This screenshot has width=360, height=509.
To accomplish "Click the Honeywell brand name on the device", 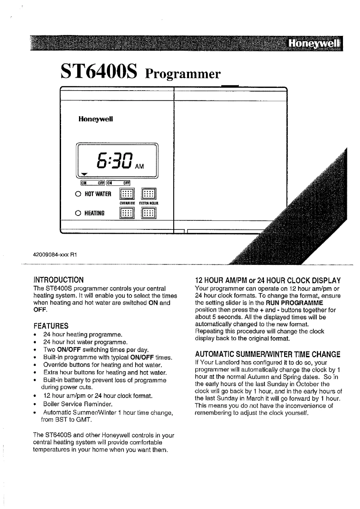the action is pyautogui.click(x=96, y=119).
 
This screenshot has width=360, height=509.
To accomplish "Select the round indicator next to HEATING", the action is pyautogui.click(x=78, y=212).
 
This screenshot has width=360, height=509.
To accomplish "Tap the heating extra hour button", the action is pyautogui.click(x=148, y=212).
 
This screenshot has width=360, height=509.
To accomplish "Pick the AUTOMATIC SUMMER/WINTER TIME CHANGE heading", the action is pyautogui.click(x=268, y=353).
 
